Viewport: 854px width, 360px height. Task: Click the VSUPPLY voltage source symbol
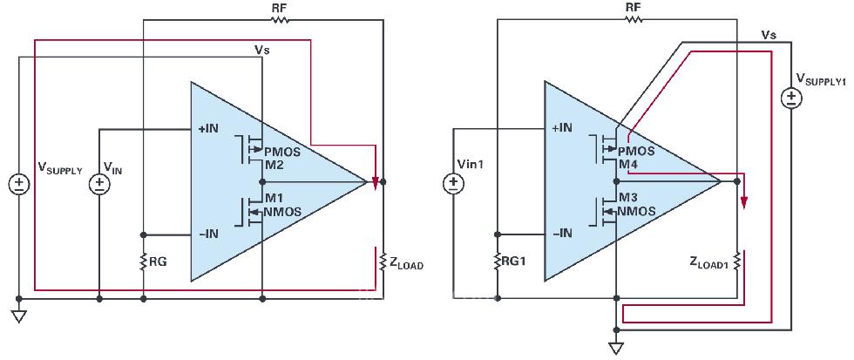(19, 185)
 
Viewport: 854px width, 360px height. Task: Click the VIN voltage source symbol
(99, 185)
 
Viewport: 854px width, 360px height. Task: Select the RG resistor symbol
(143, 262)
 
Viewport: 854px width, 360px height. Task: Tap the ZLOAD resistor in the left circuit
(383, 262)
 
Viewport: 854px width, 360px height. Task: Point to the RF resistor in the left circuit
(280, 20)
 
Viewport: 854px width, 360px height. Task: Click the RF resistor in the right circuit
(634, 20)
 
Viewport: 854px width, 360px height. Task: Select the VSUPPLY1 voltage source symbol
(790, 98)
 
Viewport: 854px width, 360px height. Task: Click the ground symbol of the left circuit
(19, 316)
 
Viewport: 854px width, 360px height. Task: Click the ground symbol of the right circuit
(616, 348)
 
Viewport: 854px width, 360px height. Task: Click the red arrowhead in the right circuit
(744, 203)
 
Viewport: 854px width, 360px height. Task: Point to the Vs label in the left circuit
(262, 50)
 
